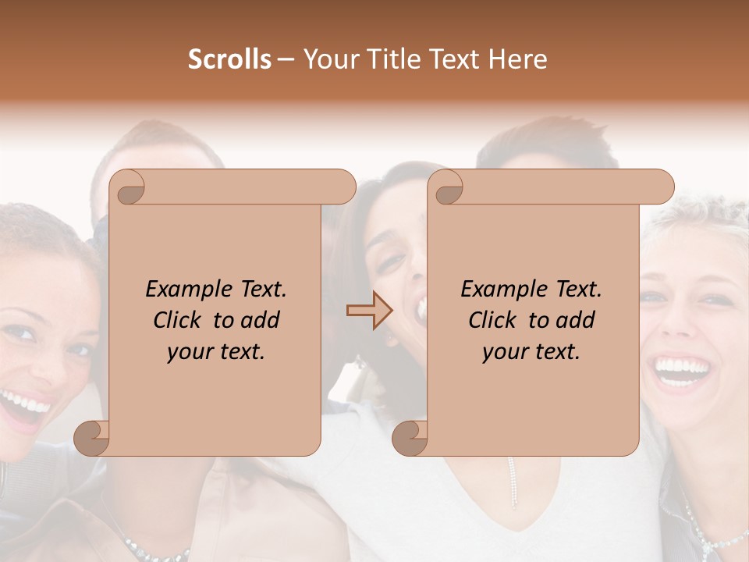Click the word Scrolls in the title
coord(229,59)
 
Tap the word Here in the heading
coord(517,59)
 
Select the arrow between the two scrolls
coord(369,310)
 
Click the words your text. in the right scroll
coord(531,351)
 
